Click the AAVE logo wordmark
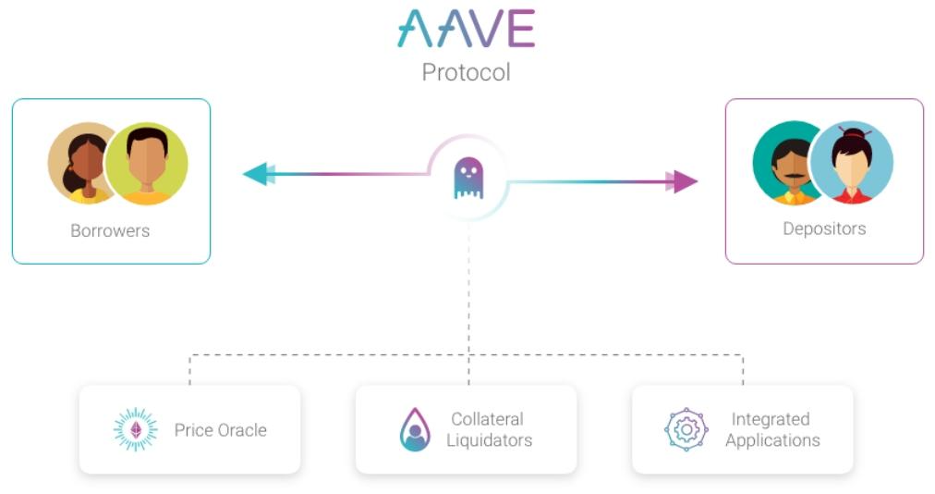click(x=466, y=29)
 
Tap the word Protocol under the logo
click(x=466, y=72)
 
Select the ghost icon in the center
click(x=468, y=179)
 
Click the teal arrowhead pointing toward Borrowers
click(x=255, y=173)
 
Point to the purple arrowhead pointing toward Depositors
click(x=685, y=181)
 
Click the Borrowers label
click(x=110, y=230)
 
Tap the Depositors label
click(x=824, y=228)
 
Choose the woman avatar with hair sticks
click(x=852, y=163)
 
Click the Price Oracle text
click(x=220, y=430)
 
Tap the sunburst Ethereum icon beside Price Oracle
click(x=136, y=429)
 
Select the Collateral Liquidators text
click(x=489, y=430)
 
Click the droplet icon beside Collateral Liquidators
click(x=415, y=429)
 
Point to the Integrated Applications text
click(x=771, y=430)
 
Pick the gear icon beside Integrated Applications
click(x=686, y=429)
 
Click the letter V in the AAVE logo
click(x=486, y=29)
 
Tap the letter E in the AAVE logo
click(x=521, y=29)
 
